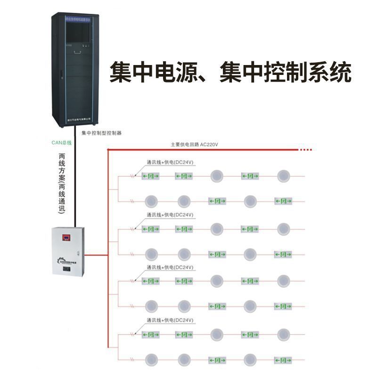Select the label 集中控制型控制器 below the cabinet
[x=101, y=133]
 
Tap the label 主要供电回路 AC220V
[x=194, y=145]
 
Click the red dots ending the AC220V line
[x=306, y=150]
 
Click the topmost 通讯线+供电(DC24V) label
[x=170, y=162]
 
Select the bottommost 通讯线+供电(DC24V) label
[x=170, y=320]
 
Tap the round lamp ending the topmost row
[x=283, y=176]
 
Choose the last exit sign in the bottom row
[x=283, y=360]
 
